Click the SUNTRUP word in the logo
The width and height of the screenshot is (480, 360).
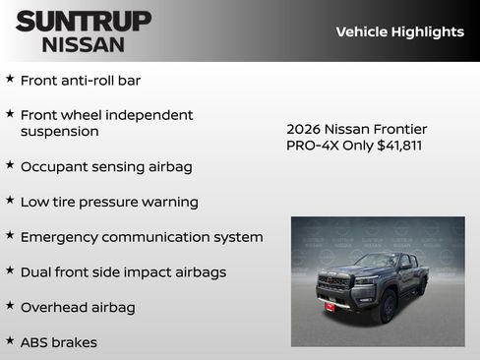pyautogui.click(x=83, y=21)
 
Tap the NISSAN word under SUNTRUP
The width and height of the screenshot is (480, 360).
pyautogui.click(x=83, y=44)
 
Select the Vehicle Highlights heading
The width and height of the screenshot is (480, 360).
pyautogui.click(x=399, y=31)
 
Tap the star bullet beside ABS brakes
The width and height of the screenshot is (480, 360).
pyautogui.click(x=10, y=341)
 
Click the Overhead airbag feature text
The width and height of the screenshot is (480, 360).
pyautogui.click(x=78, y=307)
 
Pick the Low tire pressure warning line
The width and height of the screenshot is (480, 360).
pyautogui.click(x=109, y=202)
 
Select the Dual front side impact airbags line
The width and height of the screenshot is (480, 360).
pyautogui.click(x=123, y=271)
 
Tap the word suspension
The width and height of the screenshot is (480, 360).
pyautogui.click(x=59, y=131)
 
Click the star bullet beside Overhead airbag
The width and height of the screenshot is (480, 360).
pyautogui.click(x=10, y=306)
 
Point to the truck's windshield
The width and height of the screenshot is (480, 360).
pyautogui.click(x=375, y=262)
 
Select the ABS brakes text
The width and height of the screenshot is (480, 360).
pyautogui.click(x=59, y=342)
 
